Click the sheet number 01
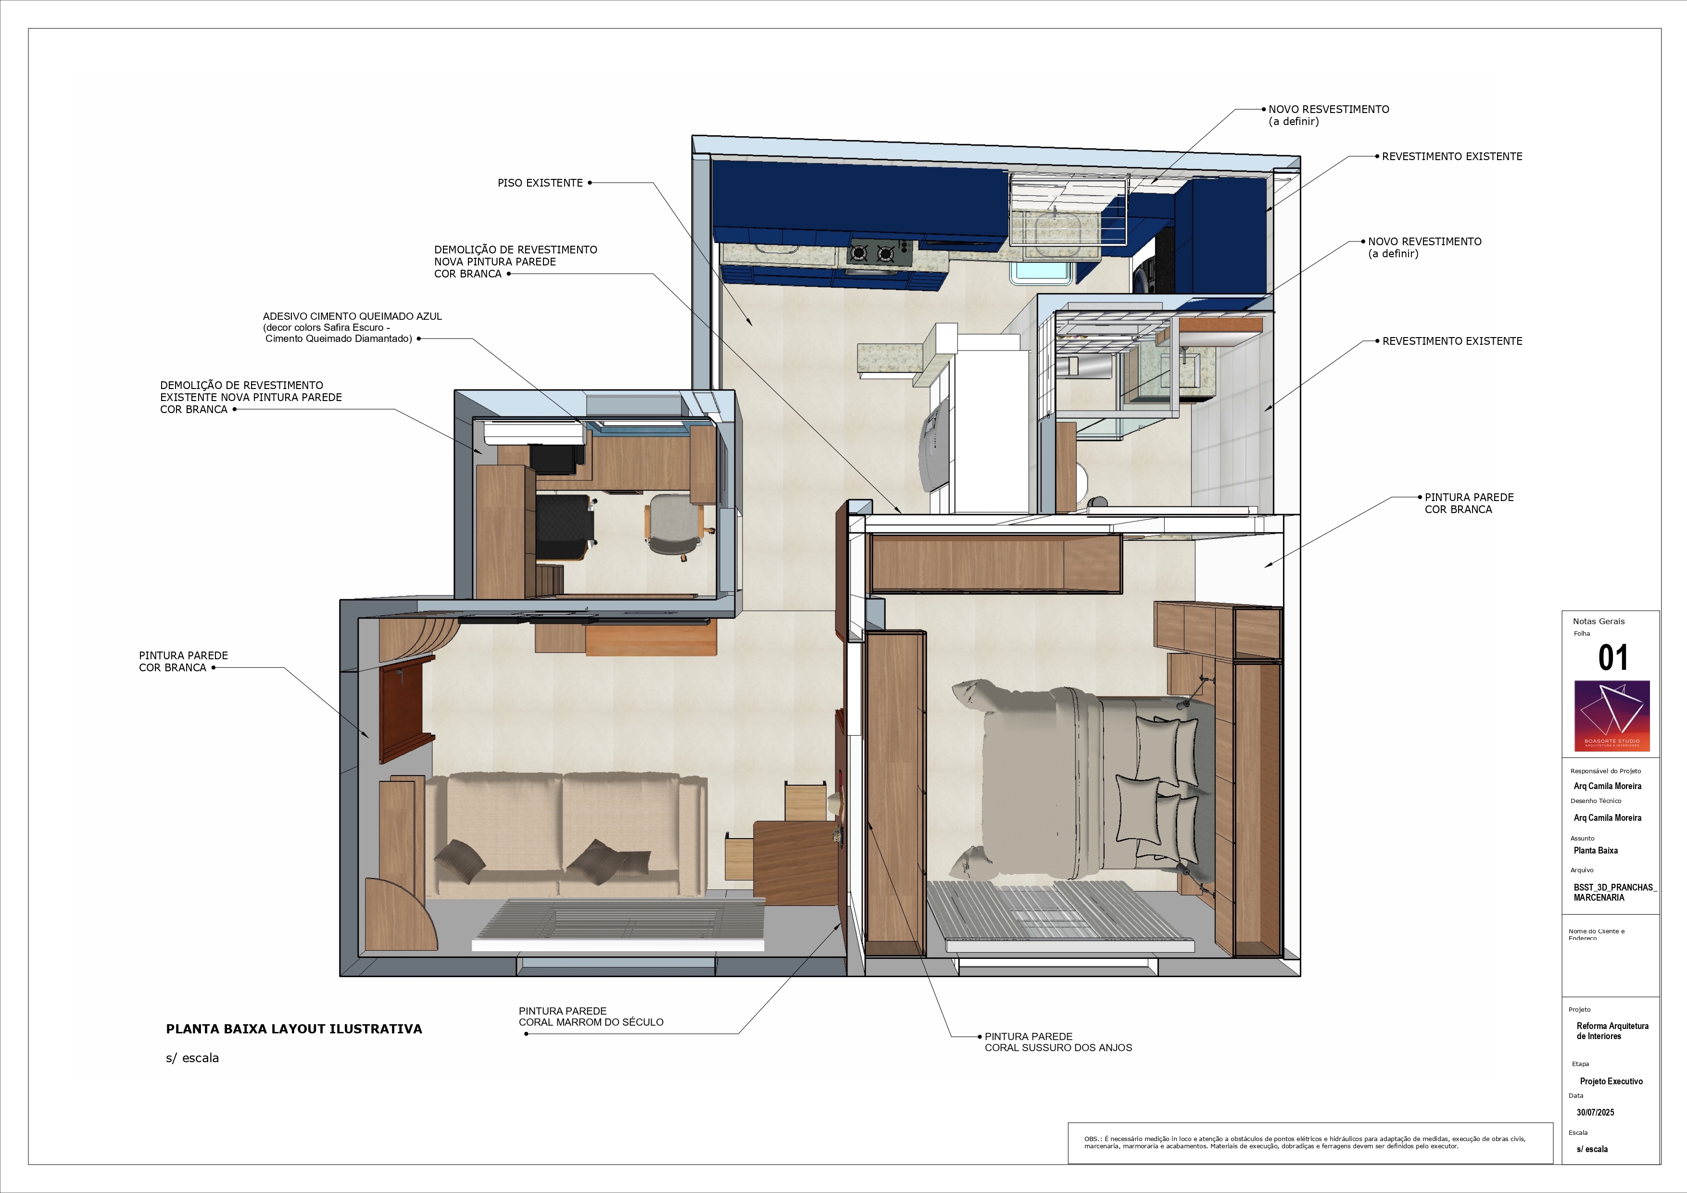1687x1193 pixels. pos(1613,657)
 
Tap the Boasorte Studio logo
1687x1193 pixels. pos(1612,716)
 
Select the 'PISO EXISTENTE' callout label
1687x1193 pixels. pos(540,183)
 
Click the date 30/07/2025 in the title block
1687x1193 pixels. pos(1595,1112)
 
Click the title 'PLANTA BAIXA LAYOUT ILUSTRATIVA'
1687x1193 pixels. pos(294,1029)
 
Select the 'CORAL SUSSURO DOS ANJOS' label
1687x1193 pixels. pos(1058,1048)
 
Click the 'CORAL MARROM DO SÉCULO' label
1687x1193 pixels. pos(591,1022)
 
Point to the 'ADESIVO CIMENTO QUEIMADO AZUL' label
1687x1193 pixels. pos(353,316)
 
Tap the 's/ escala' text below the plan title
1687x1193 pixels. pos(192,1058)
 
